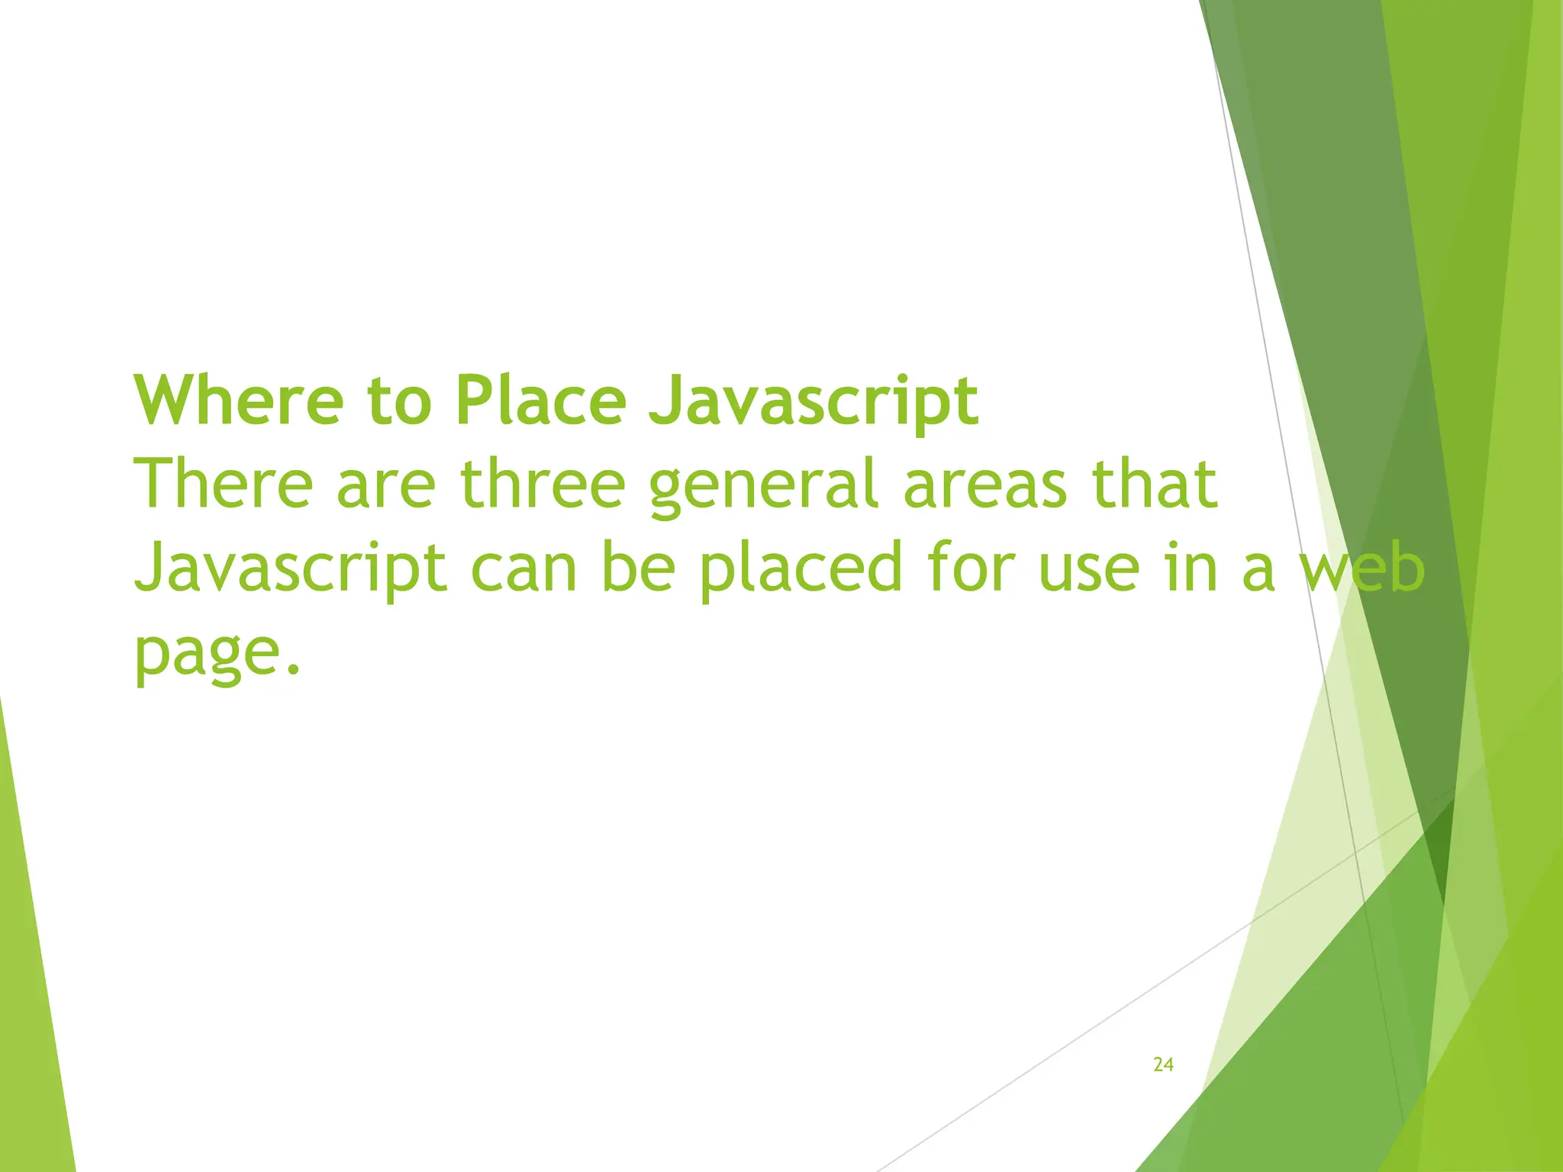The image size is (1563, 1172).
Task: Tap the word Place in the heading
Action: point(540,400)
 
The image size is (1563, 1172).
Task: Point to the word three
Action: point(543,484)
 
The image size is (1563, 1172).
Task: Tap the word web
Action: point(1362,569)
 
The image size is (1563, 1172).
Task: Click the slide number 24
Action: point(1163,1064)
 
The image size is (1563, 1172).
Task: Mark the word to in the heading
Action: point(398,401)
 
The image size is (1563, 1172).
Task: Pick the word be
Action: point(638,569)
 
